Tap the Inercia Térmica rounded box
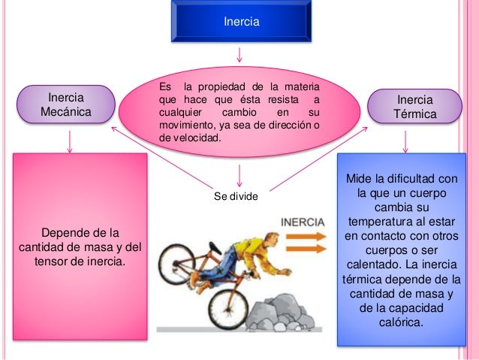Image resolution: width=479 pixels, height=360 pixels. pyautogui.click(x=414, y=108)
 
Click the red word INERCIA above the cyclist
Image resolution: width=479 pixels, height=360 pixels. pyautogui.click(x=303, y=222)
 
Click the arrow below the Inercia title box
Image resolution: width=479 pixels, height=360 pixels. pyautogui.click(x=240, y=55)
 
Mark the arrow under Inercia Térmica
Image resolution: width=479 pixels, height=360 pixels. pyautogui.click(x=406, y=141)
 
